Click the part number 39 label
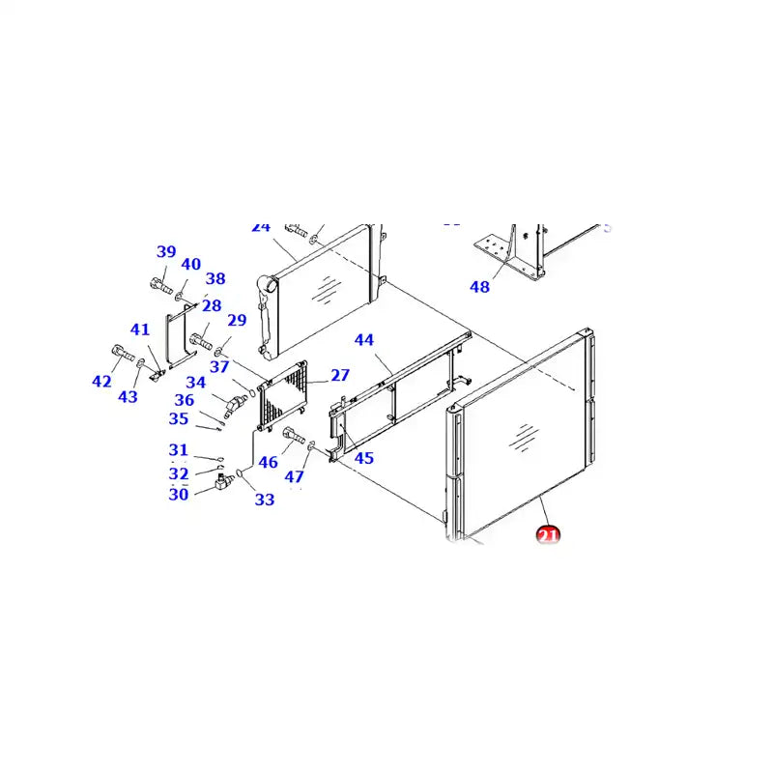[x=166, y=252]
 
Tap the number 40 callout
[x=190, y=265]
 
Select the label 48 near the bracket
[x=479, y=286]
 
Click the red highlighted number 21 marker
[x=548, y=534]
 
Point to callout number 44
[x=363, y=340]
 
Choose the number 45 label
[x=363, y=458]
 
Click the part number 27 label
[x=339, y=375]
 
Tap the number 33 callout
[x=264, y=500]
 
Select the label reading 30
[x=178, y=495]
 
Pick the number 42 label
[x=101, y=382]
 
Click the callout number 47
[x=294, y=476]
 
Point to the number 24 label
[x=260, y=227]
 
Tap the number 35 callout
[x=178, y=418]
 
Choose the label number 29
[x=237, y=321]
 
